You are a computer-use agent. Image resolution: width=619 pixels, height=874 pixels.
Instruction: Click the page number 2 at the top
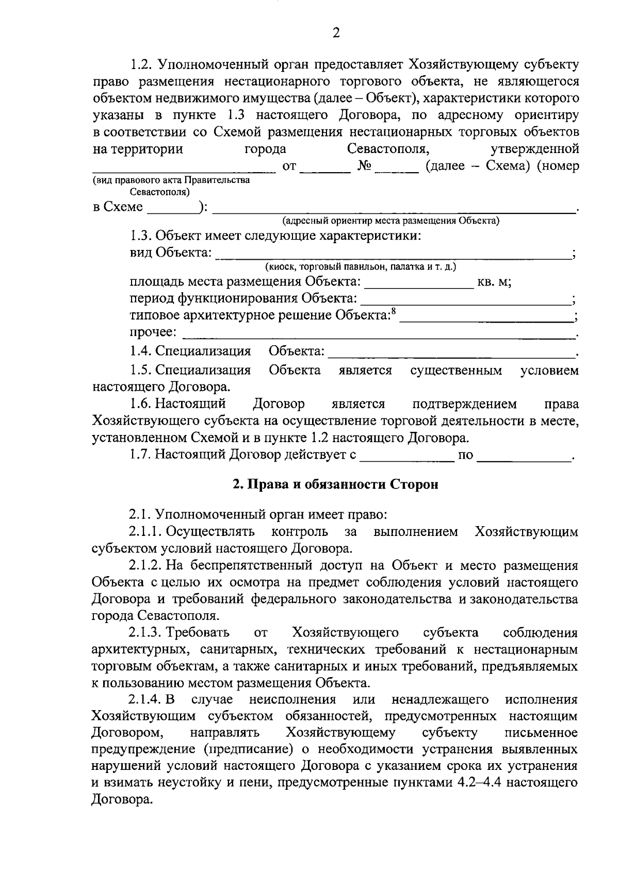click(336, 33)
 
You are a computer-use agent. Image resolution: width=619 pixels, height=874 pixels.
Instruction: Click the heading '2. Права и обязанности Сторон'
click(335, 484)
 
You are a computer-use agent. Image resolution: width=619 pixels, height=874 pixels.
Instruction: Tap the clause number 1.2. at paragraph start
click(140, 65)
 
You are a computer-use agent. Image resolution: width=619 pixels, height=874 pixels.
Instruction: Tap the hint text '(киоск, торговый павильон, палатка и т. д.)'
click(361, 267)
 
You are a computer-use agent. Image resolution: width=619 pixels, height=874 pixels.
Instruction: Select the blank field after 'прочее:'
click(379, 333)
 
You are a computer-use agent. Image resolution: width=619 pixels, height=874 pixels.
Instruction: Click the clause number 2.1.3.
click(146, 632)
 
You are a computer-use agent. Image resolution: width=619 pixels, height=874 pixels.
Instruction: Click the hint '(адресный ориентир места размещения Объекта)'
click(390, 221)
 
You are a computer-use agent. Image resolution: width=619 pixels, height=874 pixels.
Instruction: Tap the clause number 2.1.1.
click(146, 531)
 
